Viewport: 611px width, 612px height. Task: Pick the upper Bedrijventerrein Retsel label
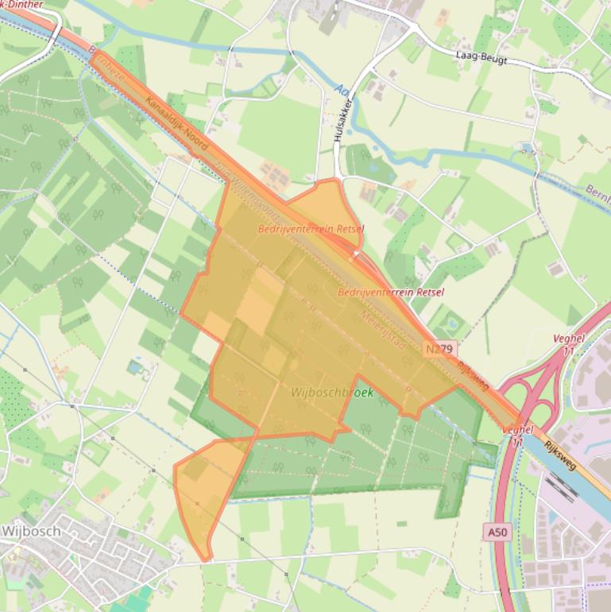(311, 229)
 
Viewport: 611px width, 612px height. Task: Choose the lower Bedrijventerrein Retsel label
(390, 292)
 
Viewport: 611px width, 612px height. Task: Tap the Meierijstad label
(383, 331)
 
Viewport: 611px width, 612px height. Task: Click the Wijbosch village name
(31, 530)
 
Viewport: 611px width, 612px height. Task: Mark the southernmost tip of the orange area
(206, 560)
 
